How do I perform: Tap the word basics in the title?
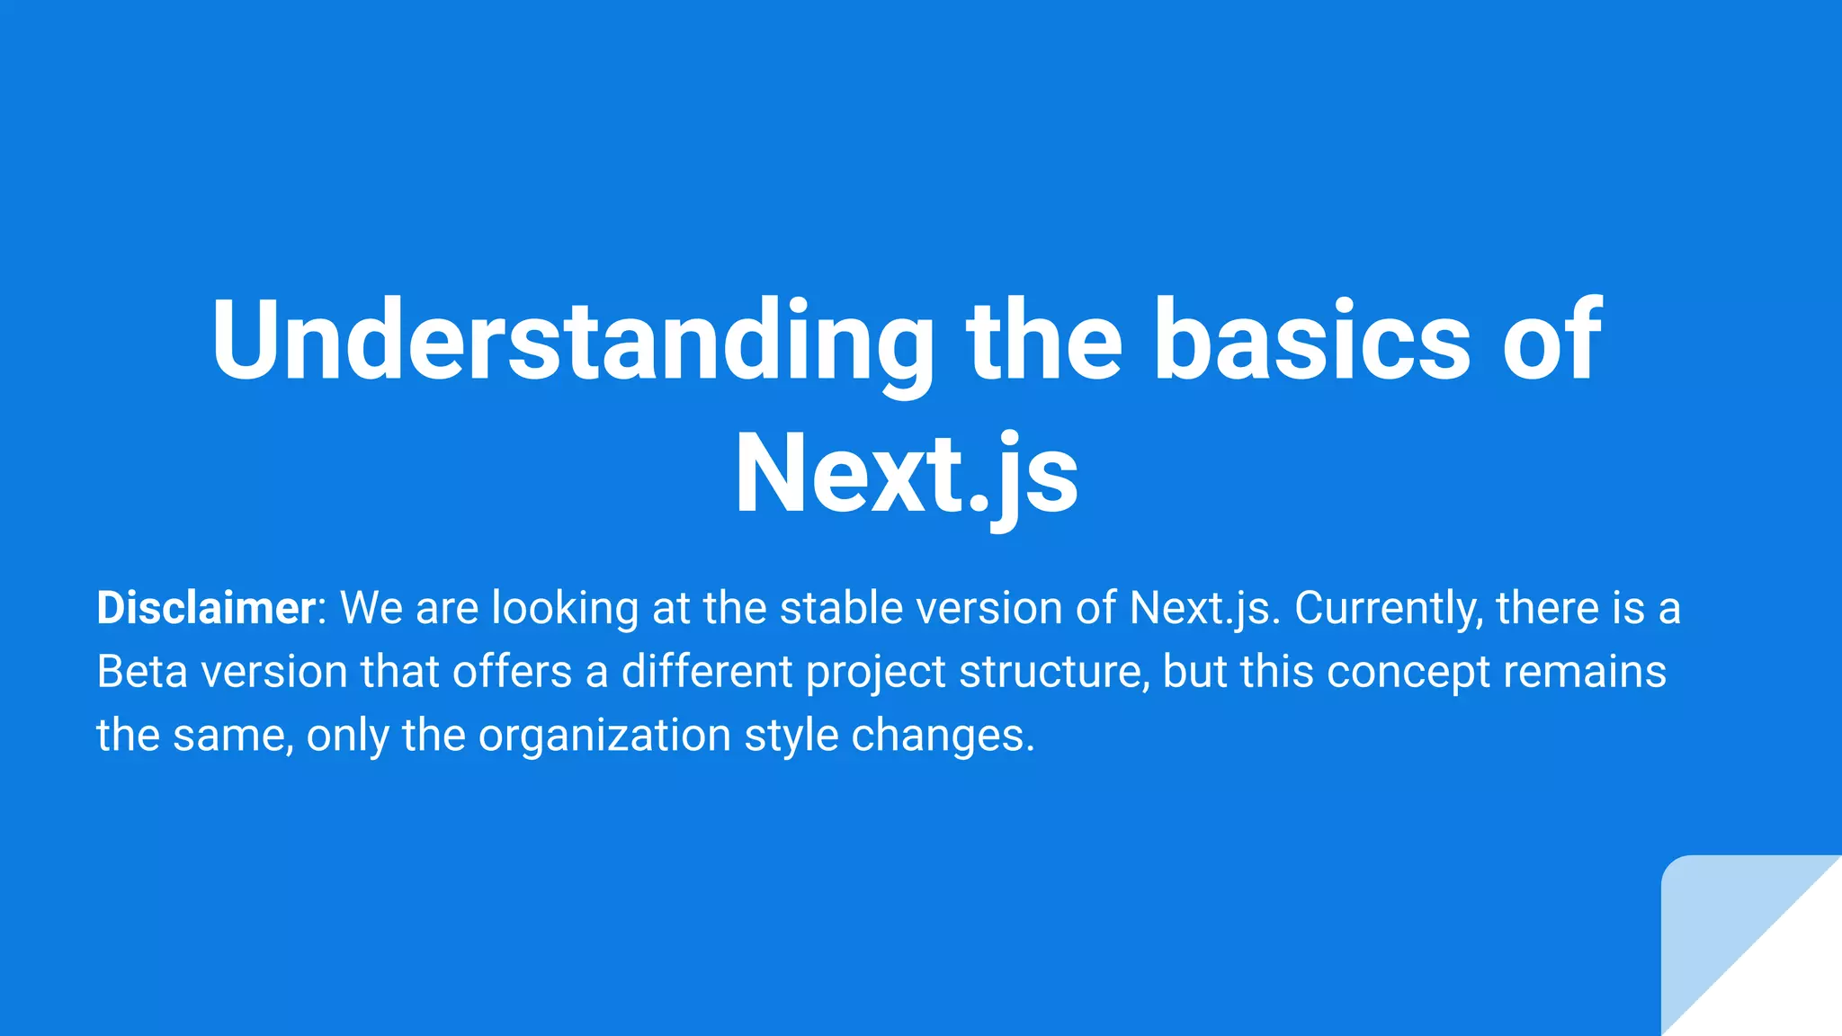click(1311, 340)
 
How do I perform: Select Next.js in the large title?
click(907, 474)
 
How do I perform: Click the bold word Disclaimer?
click(206, 608)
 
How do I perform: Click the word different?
click(707, 672)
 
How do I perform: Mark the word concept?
click(1408, 674)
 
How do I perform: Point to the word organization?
click(604, 737)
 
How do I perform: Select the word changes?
click(943, 737)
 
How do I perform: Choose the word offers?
click(512, 672)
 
